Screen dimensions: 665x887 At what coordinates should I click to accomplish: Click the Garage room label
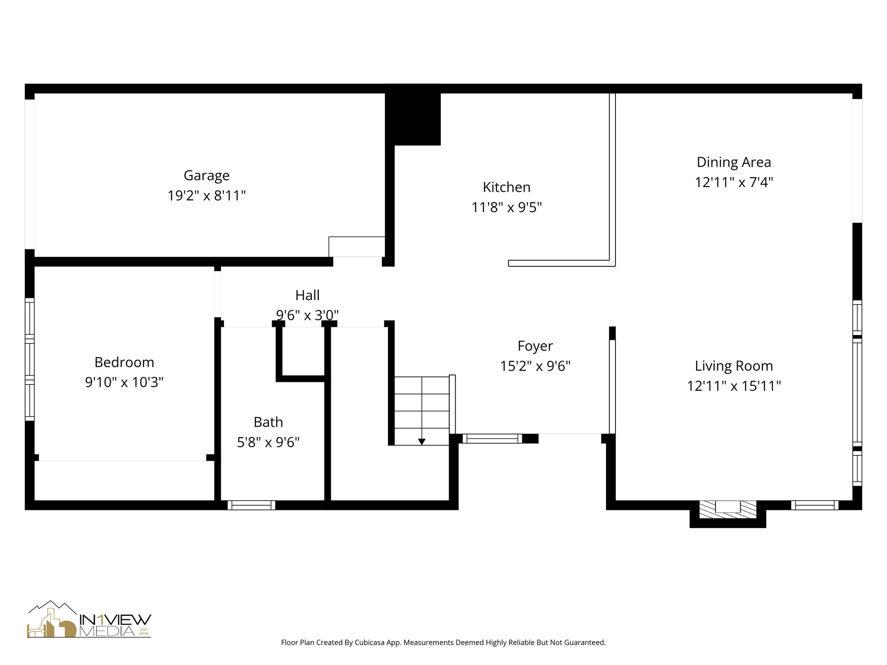[206, 175]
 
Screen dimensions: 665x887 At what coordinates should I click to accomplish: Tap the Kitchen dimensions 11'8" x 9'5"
[506, 207]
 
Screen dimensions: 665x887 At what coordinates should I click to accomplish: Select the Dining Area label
[734, 162]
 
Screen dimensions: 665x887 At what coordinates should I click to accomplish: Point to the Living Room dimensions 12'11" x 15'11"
[734, 386]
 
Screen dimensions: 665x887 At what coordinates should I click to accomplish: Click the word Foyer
[535, 346]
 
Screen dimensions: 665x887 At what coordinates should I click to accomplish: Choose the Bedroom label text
[124, 362]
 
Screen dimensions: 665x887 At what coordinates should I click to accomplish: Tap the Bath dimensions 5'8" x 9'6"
[268, 442]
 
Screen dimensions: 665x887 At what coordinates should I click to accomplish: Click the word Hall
[307, 295]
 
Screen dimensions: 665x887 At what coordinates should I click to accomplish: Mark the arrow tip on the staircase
[421, 442]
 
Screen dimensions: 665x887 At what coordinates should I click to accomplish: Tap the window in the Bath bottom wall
[251, 505]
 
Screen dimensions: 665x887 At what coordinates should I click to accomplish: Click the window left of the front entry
[492, 439]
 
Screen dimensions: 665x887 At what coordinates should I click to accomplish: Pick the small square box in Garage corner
[356, 247]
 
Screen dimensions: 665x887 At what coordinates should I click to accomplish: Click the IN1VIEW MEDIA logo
[89, 620]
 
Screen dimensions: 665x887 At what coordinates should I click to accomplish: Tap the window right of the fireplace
[815, 505]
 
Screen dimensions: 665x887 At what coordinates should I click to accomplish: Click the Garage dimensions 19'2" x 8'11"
[206, 196]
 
